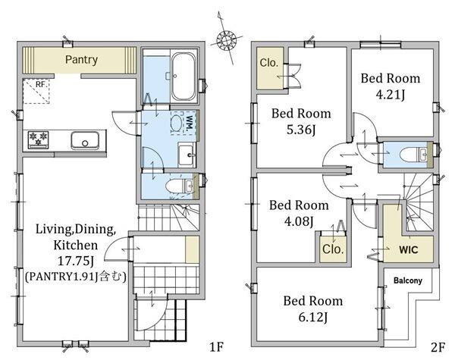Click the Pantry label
[81, 60]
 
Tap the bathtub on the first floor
[183, 77]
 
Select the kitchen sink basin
[85, 141]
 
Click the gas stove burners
[39, 139]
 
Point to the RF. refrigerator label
[40, 84]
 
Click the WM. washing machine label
[190, 123]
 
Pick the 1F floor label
[216, 347]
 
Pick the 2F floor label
[438, 347]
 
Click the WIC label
[409, 249]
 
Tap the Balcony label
[408, 280]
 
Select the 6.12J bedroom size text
[313, 318]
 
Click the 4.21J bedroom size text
[390, 95]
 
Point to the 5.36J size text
[301, 130]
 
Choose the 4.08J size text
[299, 221]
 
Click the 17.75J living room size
[75, 261]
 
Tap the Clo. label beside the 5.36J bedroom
[269, 63]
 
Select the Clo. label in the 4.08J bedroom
[333, 249]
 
